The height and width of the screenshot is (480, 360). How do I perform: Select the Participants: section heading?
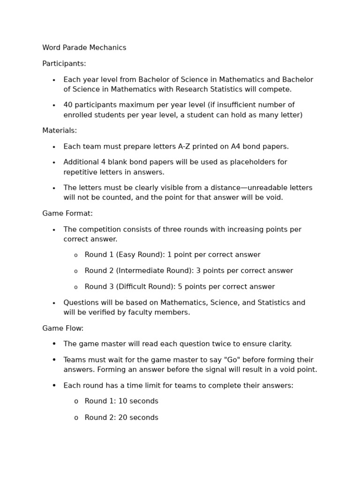pyautogui.click(x=64, y=64)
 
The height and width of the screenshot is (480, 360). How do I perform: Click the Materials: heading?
pyautogui.click(x=60, y=131)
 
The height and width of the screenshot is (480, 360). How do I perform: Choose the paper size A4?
pyautogui.click(x=236, y=147)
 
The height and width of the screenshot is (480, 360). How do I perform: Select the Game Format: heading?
pyautogui.click(x=67, y=214)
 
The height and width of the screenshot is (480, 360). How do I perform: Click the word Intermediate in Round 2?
pyautogui.click(x=142, y=271)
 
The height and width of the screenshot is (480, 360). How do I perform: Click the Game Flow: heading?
pyautogui.click(x=63, y=329)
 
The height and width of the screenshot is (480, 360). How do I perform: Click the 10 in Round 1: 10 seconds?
pyautogui.click(x=123, y=401)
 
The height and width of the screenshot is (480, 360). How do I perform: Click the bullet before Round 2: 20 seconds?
pyautogui.click(x=76, y=418)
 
